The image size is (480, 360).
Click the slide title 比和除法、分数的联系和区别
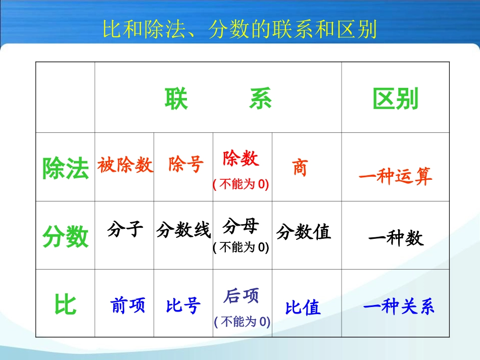240,30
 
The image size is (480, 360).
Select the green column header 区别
396,99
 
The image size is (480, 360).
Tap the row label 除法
66,168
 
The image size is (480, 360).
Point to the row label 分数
66,237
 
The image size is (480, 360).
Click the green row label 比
66,305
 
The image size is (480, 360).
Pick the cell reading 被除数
125,165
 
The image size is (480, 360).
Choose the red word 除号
186,165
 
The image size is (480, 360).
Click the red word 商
300,168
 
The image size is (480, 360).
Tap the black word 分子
125,230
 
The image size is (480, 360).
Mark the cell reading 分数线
183,231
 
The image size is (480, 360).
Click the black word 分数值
304,232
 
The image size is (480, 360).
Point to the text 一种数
396,238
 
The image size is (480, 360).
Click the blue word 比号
183,306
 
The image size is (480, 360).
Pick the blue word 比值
303,307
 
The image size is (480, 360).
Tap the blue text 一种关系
399,307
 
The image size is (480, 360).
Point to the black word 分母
241,227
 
